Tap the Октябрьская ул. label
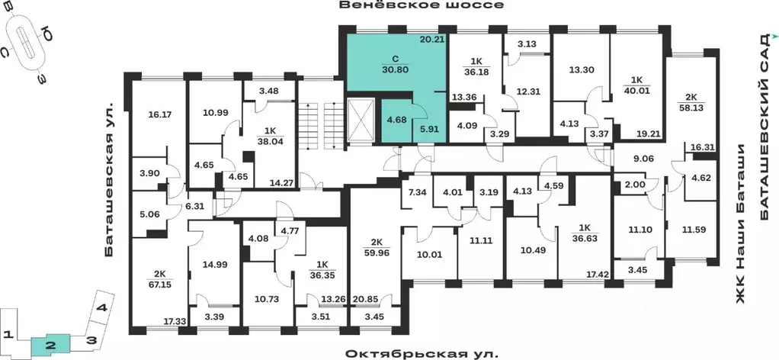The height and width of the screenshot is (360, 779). click(422, 354)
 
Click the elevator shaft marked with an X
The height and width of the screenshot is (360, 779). click(361, 121)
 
